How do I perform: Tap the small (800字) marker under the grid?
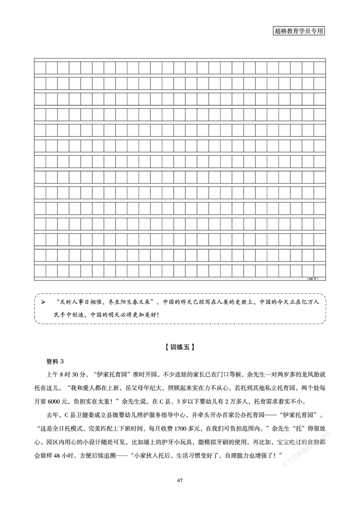tap(313, 279)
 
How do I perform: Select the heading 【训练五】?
tap(180, 347)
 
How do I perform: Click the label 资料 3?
tap(56, 362)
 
